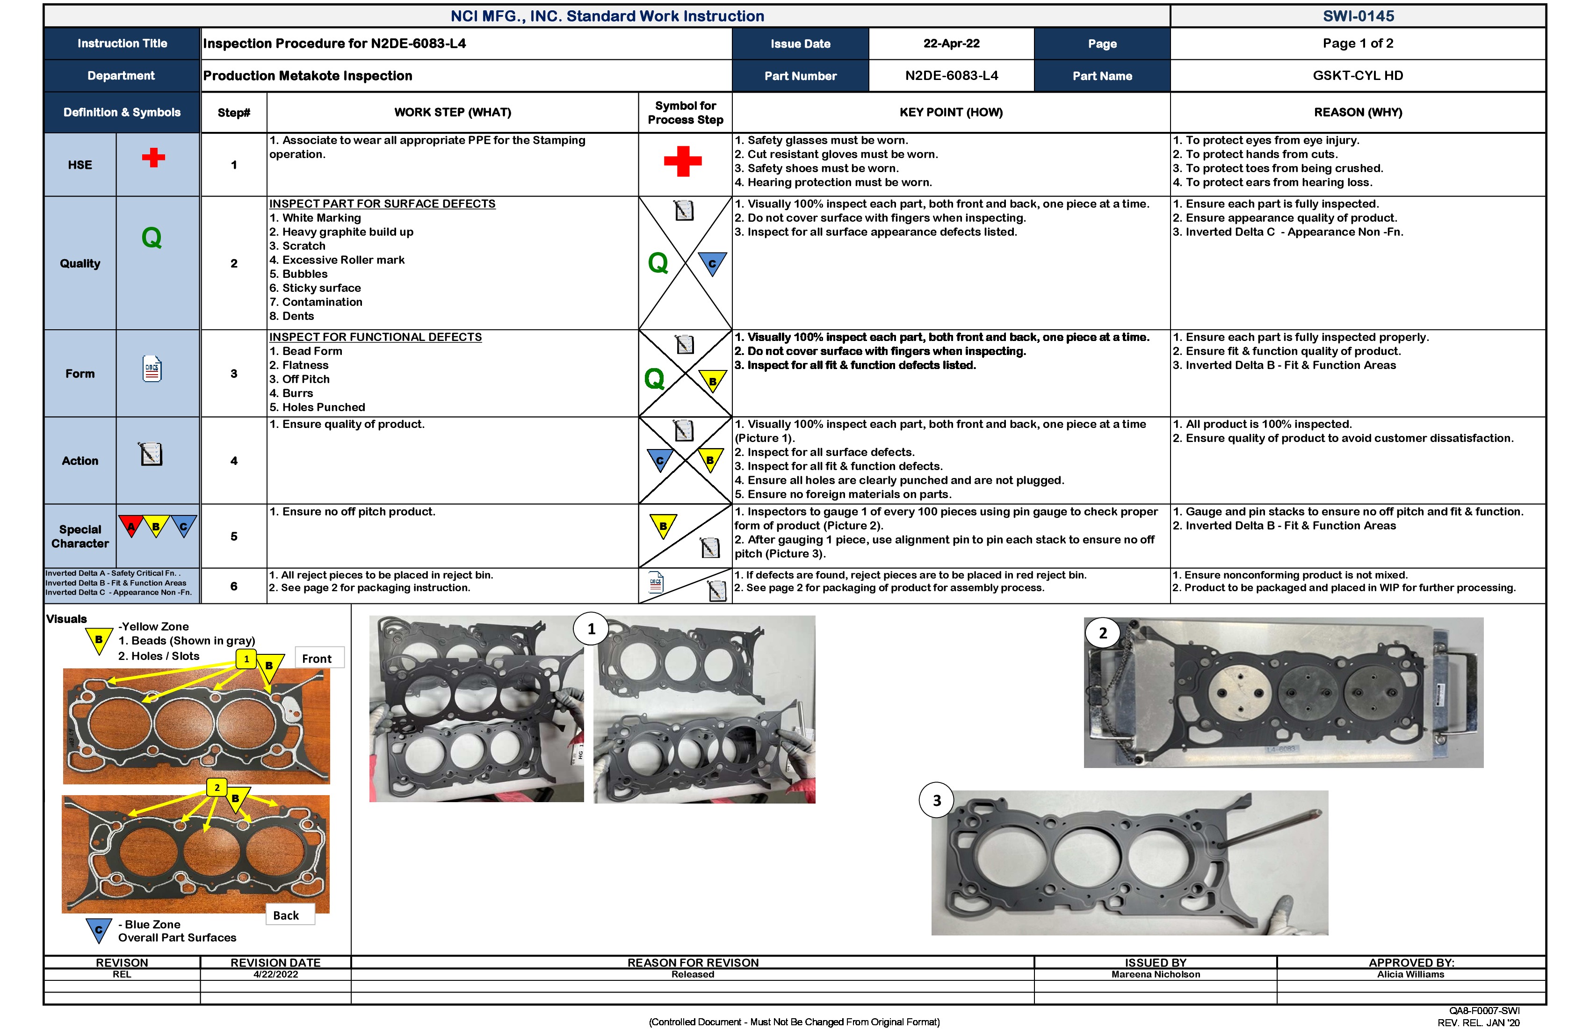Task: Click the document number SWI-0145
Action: tap(1358, 16)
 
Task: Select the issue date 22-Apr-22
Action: tap(951, 43)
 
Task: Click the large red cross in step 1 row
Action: tap(682, 161)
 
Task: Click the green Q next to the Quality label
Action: tap(152, 238)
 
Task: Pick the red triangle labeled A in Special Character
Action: tap(131, 526)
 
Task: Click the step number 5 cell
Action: tap(234, 536)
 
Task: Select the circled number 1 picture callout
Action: tap(591, 629)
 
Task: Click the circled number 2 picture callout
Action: tap(1102, 633)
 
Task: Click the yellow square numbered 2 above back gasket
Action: tap(217, 787)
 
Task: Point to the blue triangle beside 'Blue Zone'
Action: tap(98, 929)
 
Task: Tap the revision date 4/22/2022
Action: tap(275, 974)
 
